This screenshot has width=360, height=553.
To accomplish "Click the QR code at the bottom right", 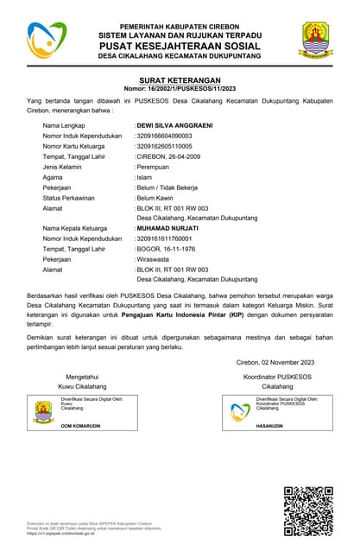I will point(307,511).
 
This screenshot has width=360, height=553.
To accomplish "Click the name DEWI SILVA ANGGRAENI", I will point(175,125).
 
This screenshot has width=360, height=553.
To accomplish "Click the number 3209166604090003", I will point(165,136).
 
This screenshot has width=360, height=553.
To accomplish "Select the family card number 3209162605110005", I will point(165,146).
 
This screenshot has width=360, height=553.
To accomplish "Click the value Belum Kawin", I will point(155,198).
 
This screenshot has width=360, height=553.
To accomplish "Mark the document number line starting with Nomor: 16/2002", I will point(179,88).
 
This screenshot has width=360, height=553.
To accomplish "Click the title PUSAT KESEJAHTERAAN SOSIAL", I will point(180,44).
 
